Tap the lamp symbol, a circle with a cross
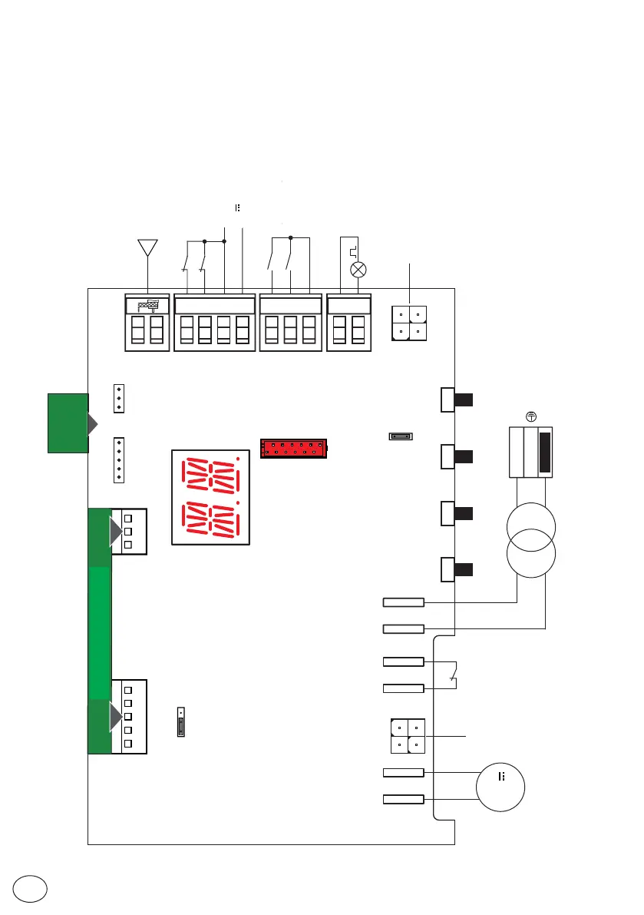pos(358,270)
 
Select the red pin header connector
pos(293,448)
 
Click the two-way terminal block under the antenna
pos(147,323)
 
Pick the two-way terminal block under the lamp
pos(349,323)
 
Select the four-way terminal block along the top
pos(214,323)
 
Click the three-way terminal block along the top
pos(290,323)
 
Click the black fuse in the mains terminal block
pos(545,452)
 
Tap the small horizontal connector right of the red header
pos(401,437)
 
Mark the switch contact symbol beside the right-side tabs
pos(454,675)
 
